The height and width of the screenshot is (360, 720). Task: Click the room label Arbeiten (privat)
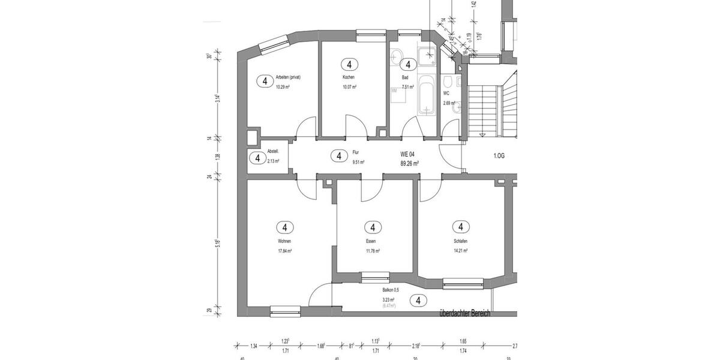pos(288,77)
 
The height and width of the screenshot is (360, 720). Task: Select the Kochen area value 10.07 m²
pos(349,87)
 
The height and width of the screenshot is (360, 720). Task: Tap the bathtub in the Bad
pos(427,95)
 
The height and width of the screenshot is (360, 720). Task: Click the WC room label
pos(446,94)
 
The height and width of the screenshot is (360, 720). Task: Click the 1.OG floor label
pos(499,155)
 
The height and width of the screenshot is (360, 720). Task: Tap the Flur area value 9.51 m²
pos(358,162)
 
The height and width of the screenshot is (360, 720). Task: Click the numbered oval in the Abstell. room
pos(257,158)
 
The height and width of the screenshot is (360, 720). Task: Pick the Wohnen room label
pos(284,242)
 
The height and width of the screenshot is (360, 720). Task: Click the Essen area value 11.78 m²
pos(373,251)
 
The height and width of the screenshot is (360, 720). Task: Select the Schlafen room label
pos(460,242)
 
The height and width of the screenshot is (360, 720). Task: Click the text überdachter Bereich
pos(465,313)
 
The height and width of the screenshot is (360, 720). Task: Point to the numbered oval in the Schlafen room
pos(461,227)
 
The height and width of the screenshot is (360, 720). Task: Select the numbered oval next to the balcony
pos(418,301)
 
